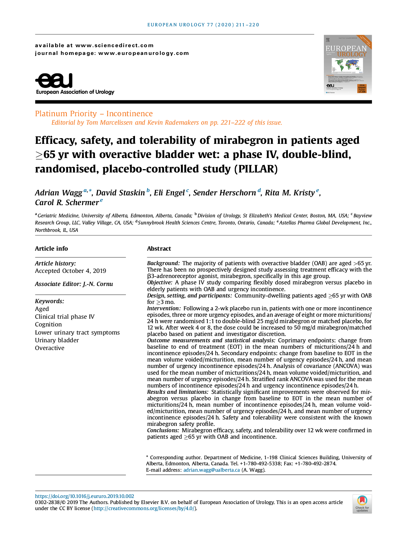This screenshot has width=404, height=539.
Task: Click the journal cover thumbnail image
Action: click(348, 64)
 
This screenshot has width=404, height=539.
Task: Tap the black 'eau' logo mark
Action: click(54, 81)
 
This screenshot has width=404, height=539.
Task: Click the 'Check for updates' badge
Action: click(362, 504)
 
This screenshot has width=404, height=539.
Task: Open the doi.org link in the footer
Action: click(85, 496)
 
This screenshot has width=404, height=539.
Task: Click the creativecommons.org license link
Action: click(144, 509)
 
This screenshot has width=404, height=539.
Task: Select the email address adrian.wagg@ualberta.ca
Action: click(211, 470)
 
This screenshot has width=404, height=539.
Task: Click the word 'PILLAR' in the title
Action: click(256, 169)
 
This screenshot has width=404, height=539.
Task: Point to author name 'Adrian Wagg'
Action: click(59, 193)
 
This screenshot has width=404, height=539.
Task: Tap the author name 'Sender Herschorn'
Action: click(224, 193)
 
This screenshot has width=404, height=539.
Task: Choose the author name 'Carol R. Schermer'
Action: click(67, 202)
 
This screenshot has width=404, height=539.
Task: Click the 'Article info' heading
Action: click(52, 249)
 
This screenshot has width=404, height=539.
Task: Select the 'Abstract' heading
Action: click(159, 249)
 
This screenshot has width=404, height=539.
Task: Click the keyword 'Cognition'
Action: click(48, 324)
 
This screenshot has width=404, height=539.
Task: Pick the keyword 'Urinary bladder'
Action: click(57, 340)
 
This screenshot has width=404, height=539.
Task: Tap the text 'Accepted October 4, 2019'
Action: click(70, 271)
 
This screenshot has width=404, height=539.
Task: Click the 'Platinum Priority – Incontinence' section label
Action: click(94, 114)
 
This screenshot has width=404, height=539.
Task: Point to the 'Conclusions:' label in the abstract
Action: click(163, 430)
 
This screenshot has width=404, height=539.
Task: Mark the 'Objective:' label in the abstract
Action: click(160, 283)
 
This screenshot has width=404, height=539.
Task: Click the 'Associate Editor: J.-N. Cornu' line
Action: click(74, 284)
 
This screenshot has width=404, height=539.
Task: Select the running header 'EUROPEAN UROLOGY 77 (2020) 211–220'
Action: click(203, 25)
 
